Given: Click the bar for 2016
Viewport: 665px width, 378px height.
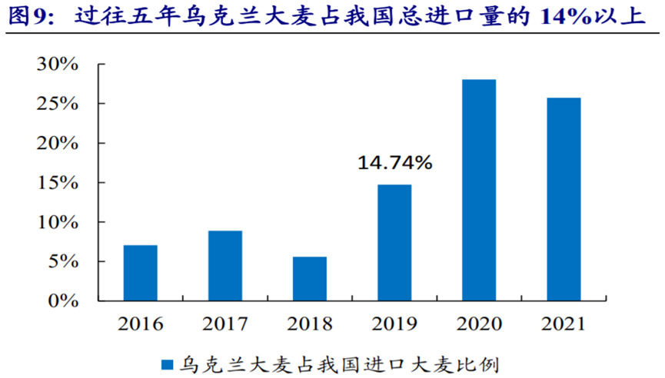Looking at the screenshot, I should [140, 273].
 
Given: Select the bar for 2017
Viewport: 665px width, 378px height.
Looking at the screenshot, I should [224, 266].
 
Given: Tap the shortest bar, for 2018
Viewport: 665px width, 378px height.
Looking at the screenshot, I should [309, 278].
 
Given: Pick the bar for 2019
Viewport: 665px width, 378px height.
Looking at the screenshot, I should [394, 242].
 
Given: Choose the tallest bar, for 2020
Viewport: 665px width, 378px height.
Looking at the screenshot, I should [479, 190].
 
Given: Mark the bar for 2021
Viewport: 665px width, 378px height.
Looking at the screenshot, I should [564, 199].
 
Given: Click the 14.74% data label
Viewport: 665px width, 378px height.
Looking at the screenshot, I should [394, 163].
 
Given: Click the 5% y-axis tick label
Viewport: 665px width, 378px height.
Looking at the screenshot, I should [64, 261].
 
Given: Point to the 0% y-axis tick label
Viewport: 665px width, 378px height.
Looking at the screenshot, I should [64, 301].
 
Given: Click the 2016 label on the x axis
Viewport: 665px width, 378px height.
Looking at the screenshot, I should [140, 323].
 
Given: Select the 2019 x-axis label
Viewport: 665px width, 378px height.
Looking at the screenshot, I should [394, 323].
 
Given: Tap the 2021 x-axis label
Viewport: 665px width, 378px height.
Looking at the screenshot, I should [564, 323].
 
